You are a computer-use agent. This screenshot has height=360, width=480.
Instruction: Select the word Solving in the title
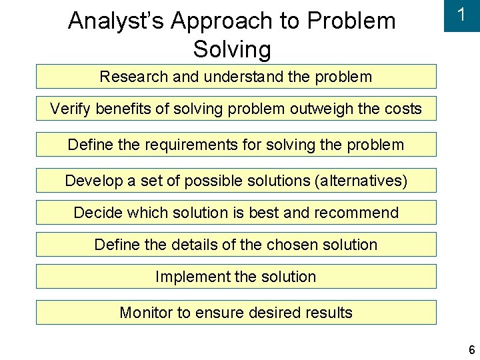(232, 49)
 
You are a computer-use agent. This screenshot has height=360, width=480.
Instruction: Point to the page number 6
(471, 350)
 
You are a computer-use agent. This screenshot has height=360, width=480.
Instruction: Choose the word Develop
(93, 181)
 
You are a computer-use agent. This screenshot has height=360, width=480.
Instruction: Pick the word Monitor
(145, 313)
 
